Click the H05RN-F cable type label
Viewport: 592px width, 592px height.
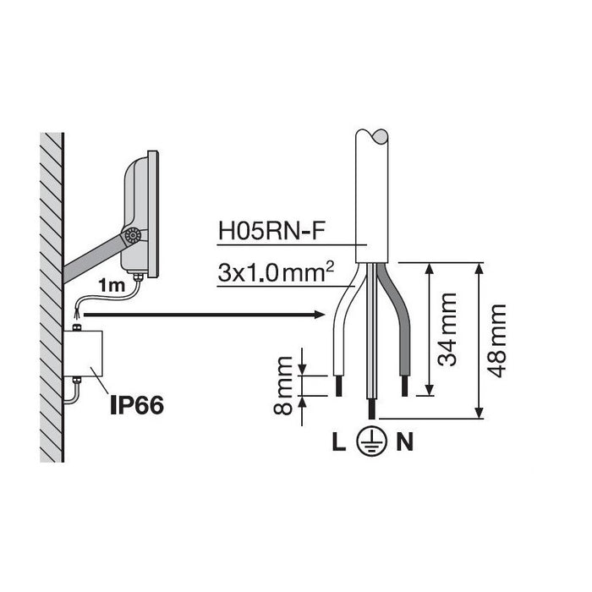271,232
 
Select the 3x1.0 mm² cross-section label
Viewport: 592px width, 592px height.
276,272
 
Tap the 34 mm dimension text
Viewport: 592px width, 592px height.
447,329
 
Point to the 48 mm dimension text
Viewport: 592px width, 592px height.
496,340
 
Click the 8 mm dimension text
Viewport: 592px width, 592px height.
282,386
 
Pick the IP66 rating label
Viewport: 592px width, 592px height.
137,405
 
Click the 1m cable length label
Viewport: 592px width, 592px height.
112,286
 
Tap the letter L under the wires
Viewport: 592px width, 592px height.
338,441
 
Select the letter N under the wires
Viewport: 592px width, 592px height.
405,441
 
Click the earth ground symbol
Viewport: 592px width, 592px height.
371,441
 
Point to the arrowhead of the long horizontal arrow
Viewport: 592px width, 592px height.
320,314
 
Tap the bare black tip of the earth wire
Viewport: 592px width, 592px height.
372,408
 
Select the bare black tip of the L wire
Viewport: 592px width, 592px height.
338,386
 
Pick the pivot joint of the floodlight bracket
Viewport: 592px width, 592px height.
133,236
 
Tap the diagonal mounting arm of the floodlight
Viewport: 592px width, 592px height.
95,258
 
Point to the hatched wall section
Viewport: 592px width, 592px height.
52,297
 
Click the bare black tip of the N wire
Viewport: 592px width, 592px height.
405,386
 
